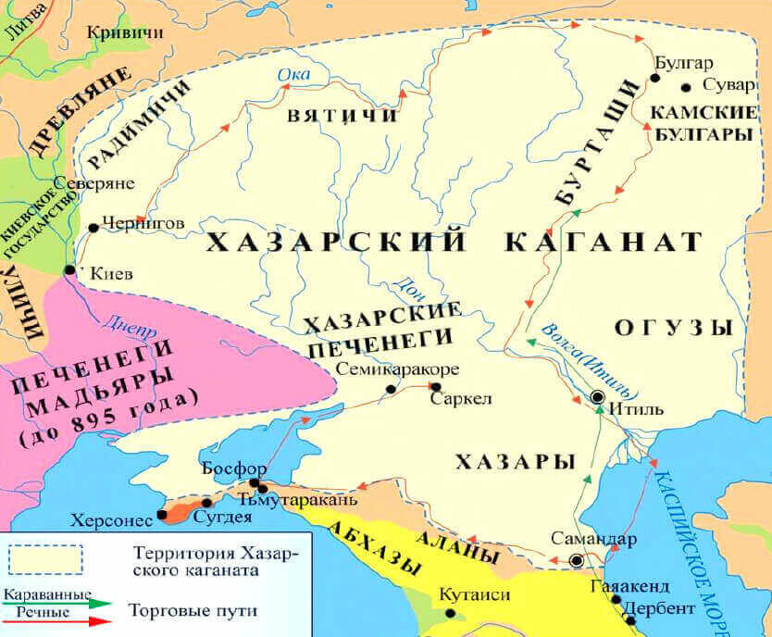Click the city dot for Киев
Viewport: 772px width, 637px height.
pos(69,270)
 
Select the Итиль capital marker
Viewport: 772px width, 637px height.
pos(598,397)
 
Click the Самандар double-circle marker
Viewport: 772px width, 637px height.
pos(577,560)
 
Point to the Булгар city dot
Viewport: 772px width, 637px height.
pos(654,79)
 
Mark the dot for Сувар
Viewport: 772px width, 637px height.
pos(686,88)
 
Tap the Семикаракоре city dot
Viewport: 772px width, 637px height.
pos(391,389)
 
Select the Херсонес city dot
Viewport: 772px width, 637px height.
pos(162,515)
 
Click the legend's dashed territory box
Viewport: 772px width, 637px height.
pos(45,559)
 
